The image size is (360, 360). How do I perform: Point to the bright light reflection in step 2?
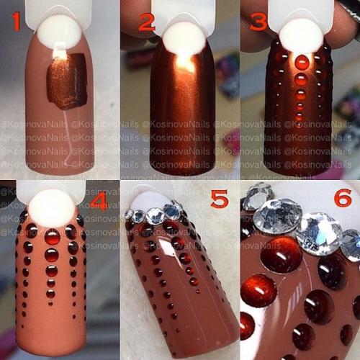coord(184,65)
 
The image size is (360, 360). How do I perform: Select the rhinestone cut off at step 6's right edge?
coord(352,245)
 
